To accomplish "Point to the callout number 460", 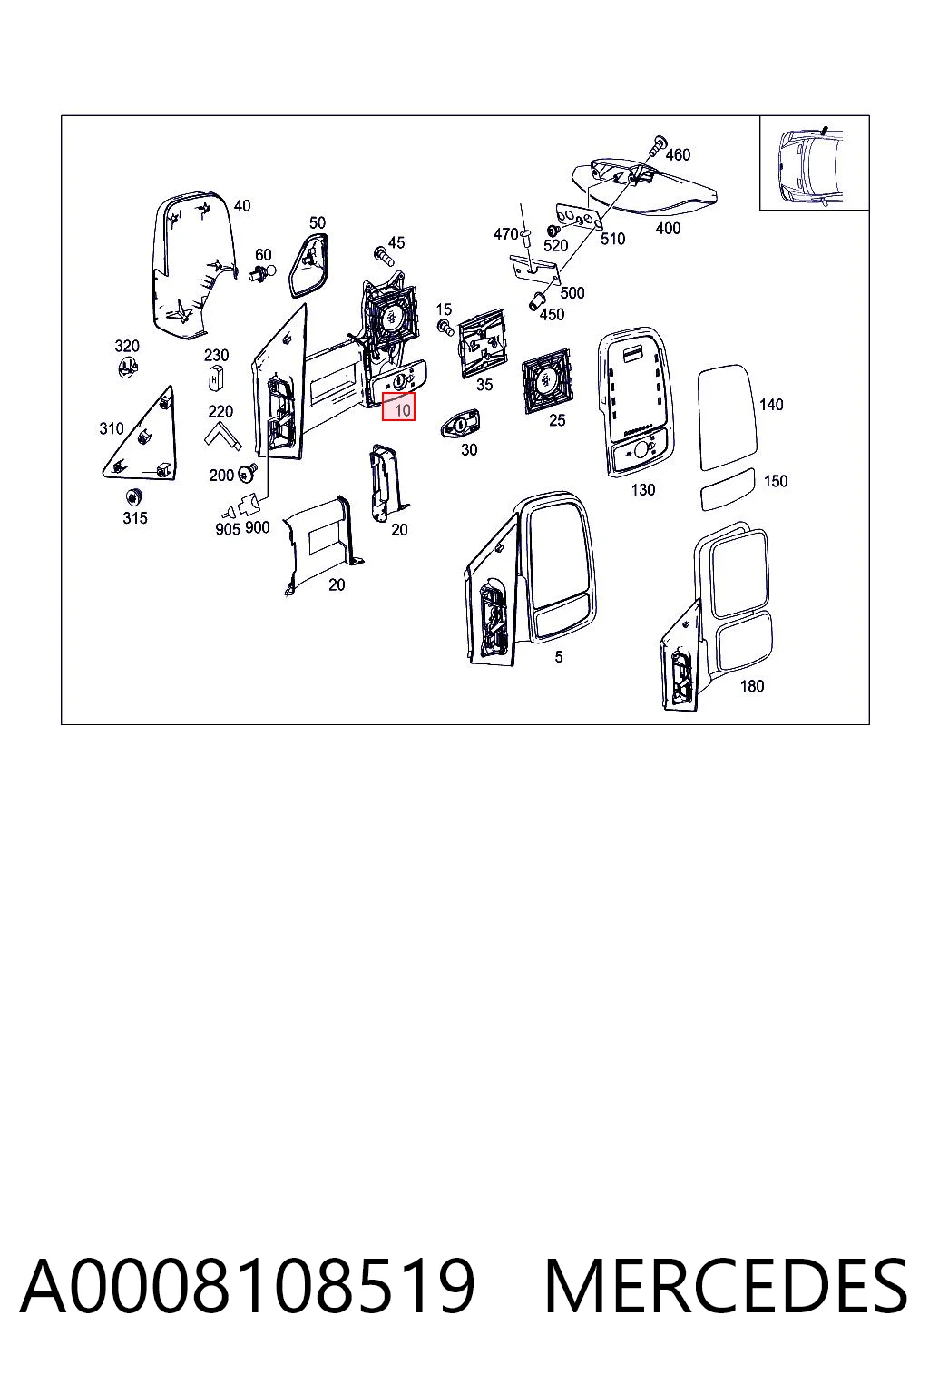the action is pos(678,154).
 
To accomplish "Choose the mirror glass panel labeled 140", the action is pos(728,417).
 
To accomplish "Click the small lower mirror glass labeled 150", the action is pos(728,490).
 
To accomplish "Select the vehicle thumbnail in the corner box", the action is pos(813,166).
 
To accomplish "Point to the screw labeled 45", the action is pos(381,255).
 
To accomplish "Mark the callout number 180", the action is pos(752,686).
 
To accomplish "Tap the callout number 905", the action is pos(227,529).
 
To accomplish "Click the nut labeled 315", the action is pos(132,496).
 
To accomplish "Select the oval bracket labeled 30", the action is pos(460,424).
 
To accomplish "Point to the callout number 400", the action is pos(668,229).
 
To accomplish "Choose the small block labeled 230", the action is pos(215,378).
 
